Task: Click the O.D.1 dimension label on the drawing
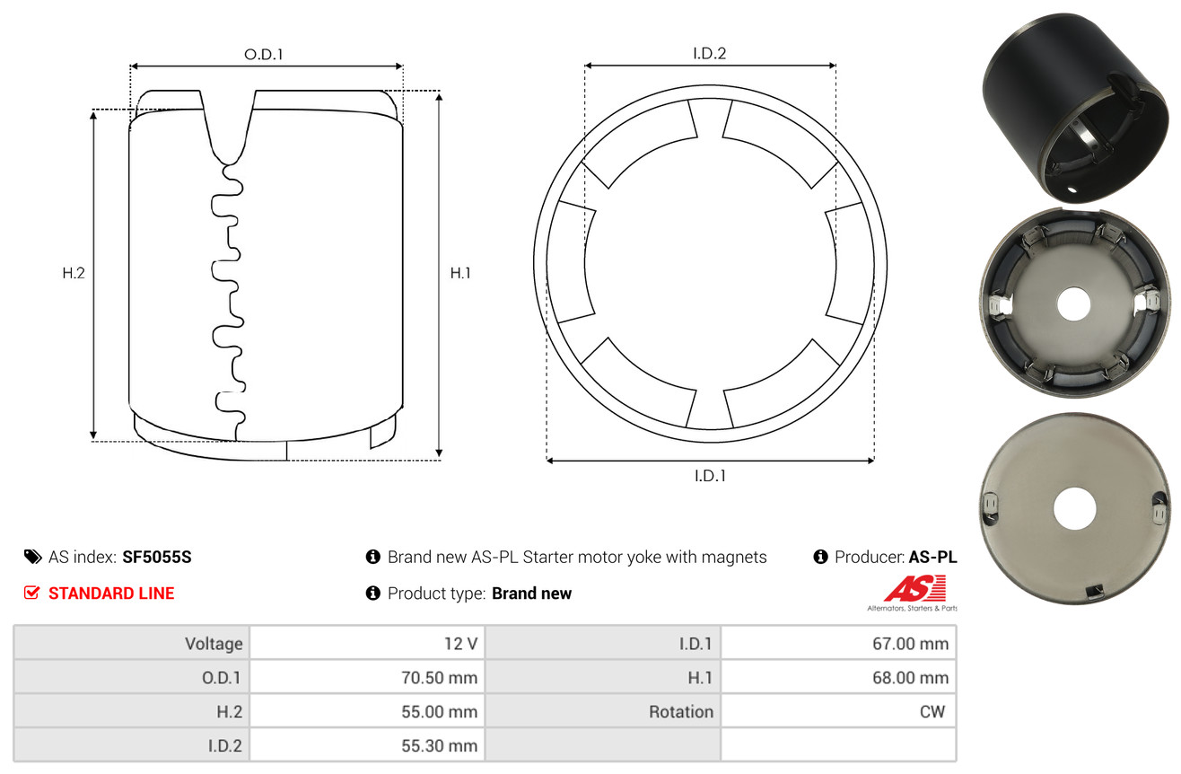click(x=264, y=55)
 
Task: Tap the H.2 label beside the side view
click(x=74, y=273)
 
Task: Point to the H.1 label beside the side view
click(x=460, y=273)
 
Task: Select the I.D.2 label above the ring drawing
click(x=709, y=53)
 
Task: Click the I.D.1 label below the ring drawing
click(x=710, y=476)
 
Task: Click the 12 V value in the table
click(x=460, y=644)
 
